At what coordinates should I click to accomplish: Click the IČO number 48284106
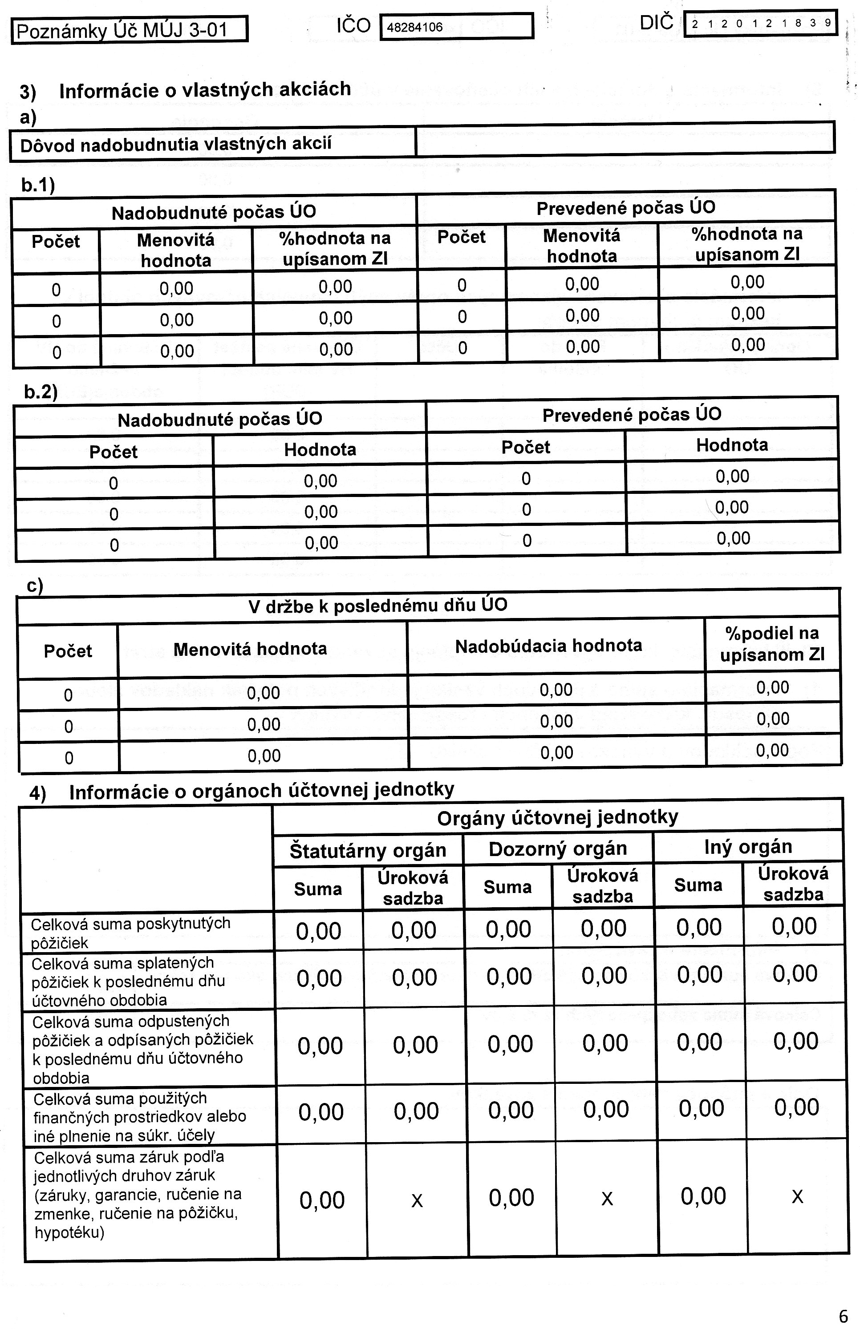click(x=414, y=27)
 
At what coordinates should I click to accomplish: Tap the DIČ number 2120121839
click(x=761, y=24)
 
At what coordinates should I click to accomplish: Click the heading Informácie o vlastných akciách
click(x=204, y=90)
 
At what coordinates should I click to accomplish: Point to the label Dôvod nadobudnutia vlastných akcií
click(x=175, y=145)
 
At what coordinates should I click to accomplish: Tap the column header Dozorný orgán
click(x=557, y=849)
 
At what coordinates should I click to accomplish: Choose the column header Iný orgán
click(x=748, y=847)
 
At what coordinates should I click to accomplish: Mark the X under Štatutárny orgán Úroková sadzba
click(x=417, y=1200)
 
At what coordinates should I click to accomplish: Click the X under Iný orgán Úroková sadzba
click(x=797, y=1196)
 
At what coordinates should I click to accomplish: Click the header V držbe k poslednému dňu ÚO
click(x=377, y=606)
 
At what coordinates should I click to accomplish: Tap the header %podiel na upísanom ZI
click(x=772, y=643)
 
